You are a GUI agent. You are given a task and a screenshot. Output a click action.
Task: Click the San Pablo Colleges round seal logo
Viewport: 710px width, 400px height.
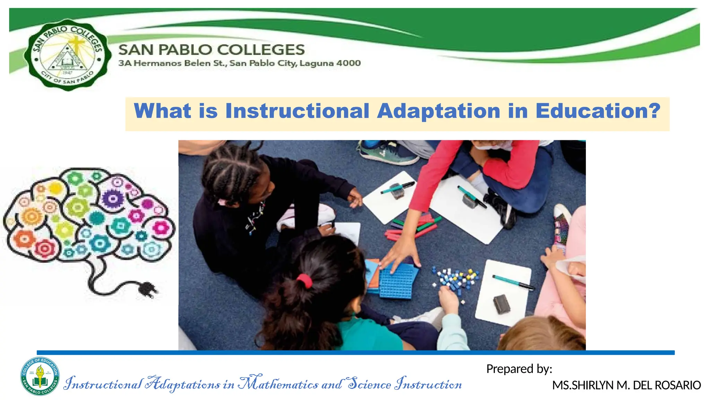[x=68, y=55]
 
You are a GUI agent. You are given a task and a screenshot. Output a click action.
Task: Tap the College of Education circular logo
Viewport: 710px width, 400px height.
[x=40, y=376]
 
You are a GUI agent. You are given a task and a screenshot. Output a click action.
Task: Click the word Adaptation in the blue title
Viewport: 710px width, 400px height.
[x=439, y=111]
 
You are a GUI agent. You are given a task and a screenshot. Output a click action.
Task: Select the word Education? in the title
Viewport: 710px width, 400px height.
[x=598, y=111]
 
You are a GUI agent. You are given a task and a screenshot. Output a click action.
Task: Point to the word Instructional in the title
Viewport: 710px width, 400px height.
[x=297, y=111]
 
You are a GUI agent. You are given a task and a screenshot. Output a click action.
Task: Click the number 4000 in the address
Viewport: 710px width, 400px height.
[x=348, y=63]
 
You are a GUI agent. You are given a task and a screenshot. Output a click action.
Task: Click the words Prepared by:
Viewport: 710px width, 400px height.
[x=519, y=369]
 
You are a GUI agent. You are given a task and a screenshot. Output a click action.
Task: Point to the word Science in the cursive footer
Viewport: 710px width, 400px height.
[x=369, y=384]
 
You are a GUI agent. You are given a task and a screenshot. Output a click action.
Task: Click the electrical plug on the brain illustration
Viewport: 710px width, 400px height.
[x=148, y=289]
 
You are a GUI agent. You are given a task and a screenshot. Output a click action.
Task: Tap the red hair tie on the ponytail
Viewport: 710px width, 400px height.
[x=304, y=281]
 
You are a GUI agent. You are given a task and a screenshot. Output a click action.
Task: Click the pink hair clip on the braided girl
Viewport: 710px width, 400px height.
[x=222, y=202]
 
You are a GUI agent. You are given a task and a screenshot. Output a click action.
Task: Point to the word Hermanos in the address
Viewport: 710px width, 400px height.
[x=158, y=63]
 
